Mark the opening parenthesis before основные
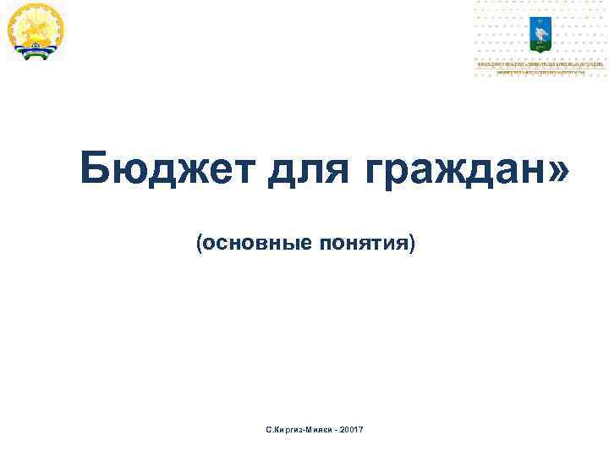coord(200,245)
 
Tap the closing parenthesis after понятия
coord(413,245)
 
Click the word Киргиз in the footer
coord(287,432)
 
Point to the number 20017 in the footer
coord(351,432)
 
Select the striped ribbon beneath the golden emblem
coord(35,53)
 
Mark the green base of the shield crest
coord(540,44)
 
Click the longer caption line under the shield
coord(540,63)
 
